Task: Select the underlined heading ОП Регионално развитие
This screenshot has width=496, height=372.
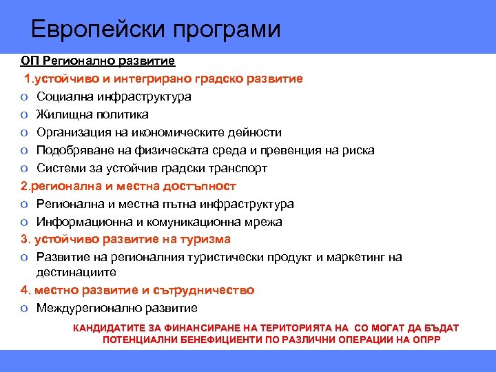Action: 97,61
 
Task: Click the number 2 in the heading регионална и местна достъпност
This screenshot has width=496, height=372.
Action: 23,186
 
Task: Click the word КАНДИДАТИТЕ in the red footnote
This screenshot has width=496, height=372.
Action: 112,328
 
